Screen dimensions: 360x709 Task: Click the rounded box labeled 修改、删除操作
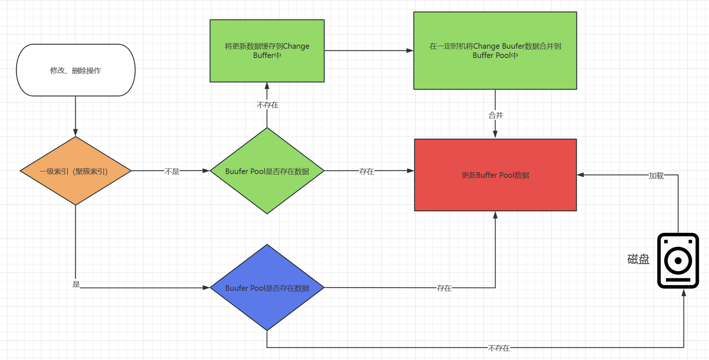pyautogui.click(x=75, y=70)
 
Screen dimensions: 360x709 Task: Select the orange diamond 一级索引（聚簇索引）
pyautogui.click(x=75, y=171)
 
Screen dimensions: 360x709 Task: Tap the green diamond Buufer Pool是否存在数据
pyautogui.click(x=267, y=171)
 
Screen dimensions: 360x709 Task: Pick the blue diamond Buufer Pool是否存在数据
pyautogui.click(x=267, y=288)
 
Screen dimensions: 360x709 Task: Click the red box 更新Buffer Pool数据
pyautogui.click(x=495, y=175)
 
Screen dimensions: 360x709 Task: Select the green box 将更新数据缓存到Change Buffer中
pyautogui.click(x=267, y=51)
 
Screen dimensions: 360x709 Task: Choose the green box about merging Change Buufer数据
pyautogui.click(x=495, y=51)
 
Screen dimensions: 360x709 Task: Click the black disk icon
pyautogui.click(x=678, y=260)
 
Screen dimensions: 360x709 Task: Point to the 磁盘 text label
pyautogui.click(x=638, y=259)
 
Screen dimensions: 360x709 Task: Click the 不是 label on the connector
pyautogui.click(x=172, y=171)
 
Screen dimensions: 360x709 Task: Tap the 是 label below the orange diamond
pyautogui.click(x=76, y=284)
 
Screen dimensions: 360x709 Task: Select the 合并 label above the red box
pyautogui.click(x=496, y=115)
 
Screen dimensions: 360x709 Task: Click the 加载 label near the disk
pyautogui.click(x=656, y=176)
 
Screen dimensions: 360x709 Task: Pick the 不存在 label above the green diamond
pyautogui.click(x=267, y=105)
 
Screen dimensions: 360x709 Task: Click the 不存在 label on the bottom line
pyautogui.click(x=499, y=348)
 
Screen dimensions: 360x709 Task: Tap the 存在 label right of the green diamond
pyautogui.click(x=367, y=171)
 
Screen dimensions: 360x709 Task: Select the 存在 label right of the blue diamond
pyautogui.click(x=444, y=288)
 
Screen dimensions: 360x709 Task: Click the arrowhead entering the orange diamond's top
pyautogui.click(x=75, y=133)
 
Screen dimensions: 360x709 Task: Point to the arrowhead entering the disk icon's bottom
pyautogui.click(x=684, y=293)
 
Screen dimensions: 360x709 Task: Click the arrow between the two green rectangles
pyautogui.click(x=368, y=51)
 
